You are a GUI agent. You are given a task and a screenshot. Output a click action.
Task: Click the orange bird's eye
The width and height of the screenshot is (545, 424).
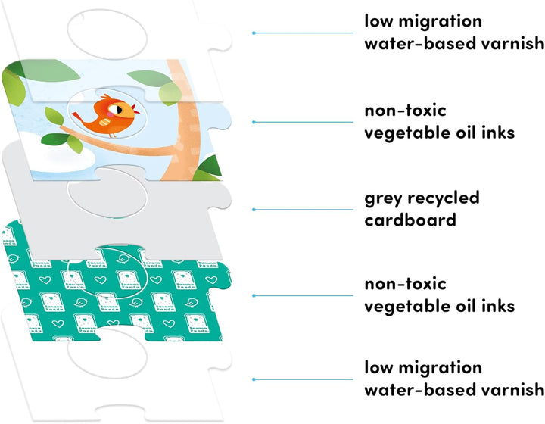pyautogui.click(x=119, y=111)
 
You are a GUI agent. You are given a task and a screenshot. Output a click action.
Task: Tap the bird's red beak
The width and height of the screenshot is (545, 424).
pyautogui.click(x=136, y=111)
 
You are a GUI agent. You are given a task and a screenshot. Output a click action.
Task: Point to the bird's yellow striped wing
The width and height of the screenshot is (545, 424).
pyautogui.click(x=104, y=122)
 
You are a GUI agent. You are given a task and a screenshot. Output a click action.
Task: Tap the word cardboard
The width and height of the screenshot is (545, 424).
pyautogui.click(x=410, y=220)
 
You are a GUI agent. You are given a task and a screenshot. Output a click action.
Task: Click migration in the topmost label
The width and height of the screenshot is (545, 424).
pyautogui.click(x=440, y=21)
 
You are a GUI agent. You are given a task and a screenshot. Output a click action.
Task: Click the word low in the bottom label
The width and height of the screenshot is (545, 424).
pyautogui.click(x=378, y=368)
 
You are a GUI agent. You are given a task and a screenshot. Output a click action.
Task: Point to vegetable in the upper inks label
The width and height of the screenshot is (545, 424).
pyautogui.click(x=407, y=132)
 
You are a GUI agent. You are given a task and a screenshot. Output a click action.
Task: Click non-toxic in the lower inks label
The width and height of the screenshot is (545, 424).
pyautogui.click(x=405, y=284)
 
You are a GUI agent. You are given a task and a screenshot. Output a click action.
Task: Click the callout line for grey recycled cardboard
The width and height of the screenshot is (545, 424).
pyautogui.click(x=303, y=210)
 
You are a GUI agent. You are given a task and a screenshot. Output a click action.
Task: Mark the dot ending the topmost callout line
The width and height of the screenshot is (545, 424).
pyautogui.click(x=254, y=33)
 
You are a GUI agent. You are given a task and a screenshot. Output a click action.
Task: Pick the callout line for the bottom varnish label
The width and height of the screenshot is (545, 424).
pyautogui.click(x=303, y=379)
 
